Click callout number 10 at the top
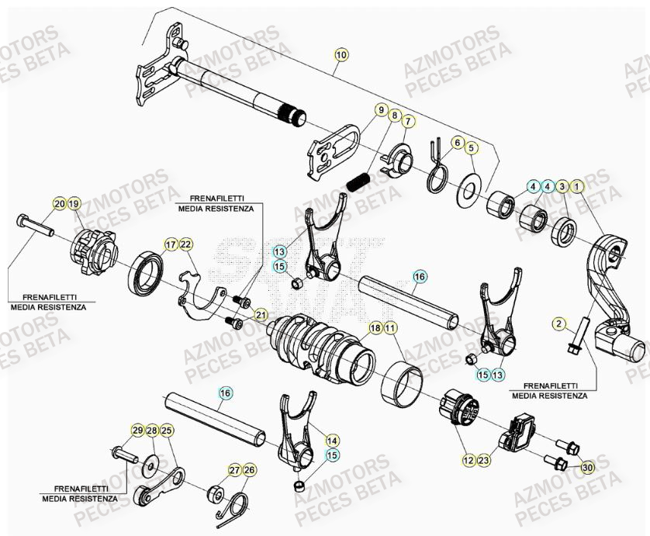coord(342,54)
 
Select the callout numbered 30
coord(586,467)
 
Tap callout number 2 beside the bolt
coord(557,323)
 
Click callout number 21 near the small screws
coord(261,314)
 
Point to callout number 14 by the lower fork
coord(332,439)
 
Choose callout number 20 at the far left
coord(60,204)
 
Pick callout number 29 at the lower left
coord(137,431)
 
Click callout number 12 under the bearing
coord(468,461)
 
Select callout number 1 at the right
coord(577,186)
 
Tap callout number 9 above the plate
coord(382,111)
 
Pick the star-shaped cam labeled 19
coord(93,251)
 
